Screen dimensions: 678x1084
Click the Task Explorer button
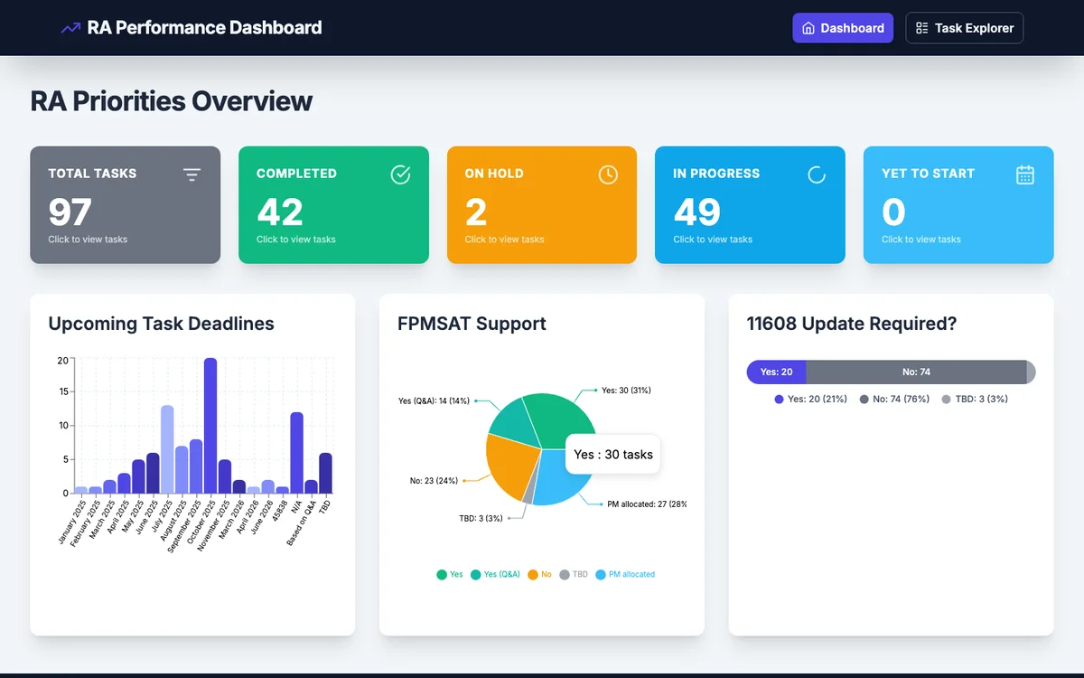point(964,28)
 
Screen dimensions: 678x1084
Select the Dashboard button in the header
point(843,28)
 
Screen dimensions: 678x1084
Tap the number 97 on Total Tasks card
point(70,212)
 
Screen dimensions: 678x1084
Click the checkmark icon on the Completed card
point(400,174)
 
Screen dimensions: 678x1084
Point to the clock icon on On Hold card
point(608,174)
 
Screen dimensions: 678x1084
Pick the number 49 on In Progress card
point(696,212)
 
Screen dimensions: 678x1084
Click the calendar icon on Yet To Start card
point(1024,174)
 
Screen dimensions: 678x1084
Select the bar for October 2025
point(210,425)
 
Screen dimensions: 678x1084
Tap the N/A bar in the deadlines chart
point(296,452)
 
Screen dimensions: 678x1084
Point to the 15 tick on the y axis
point(62,392)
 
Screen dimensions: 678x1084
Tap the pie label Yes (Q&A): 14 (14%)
point(434,400)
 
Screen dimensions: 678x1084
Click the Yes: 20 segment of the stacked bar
point(776,372)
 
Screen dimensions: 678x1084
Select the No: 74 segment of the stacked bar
point(915,372)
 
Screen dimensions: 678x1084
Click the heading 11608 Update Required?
point(851,324)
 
